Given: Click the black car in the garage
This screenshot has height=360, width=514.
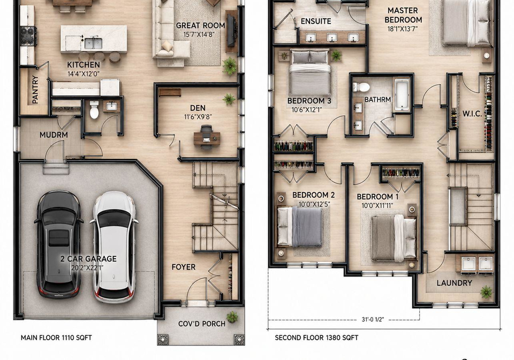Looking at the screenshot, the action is pyautogui.click(x=58, y=244).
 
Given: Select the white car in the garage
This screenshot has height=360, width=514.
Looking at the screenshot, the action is pyautogui.click(x=114, y=246).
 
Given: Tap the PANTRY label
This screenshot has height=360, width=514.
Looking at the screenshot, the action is pyautogui.click(x=35, y=89).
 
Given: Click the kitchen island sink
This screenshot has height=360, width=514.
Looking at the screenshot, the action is pyautogui.click(x=93, y=43).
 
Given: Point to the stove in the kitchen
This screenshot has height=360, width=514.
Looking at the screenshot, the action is pyautogui.click(x=28, y=36).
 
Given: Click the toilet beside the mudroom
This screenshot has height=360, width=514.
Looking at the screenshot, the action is pyautogui.click(x=94, y=109).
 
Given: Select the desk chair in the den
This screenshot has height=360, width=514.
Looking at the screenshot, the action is pyautogui.click(x=206, y=136).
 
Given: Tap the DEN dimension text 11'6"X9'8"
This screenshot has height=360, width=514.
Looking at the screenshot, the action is pyautogui.click(x=198, y=116).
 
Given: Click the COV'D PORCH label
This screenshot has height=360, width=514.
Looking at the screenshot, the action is pyautogui.click(x=202, y=324).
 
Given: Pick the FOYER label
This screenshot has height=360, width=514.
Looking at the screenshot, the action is pyautogui.click(x=183, y=267).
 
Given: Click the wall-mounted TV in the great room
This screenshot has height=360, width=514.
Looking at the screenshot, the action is pyautogui.click(x=231, y=31).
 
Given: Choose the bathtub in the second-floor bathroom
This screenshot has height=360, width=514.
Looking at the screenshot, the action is pyautogui.click(x=402, y=95).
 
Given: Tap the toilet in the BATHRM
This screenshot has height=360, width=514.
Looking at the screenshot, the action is pyautogui.click(x=361, y=87).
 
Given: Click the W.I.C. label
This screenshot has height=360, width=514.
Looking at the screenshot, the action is pyautogui.click(x=472, y=114).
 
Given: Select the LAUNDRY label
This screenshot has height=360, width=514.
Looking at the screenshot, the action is pyautogui.click(x=455, y=283).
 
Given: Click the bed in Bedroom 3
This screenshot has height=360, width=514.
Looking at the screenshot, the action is pyautogui.click(x=310, y=73).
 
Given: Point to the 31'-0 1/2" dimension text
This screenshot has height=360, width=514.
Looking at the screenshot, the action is pyautogui.click(x=373, y=319).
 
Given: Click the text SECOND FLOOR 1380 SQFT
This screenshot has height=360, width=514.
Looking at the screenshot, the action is pyautogui.click(x=316, y=337).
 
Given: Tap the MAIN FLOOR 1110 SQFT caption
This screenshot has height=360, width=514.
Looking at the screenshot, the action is pyautogui.click(x=56, y=337).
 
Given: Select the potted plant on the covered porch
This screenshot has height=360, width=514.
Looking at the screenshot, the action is pyautogui.click(x=232, y=317).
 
